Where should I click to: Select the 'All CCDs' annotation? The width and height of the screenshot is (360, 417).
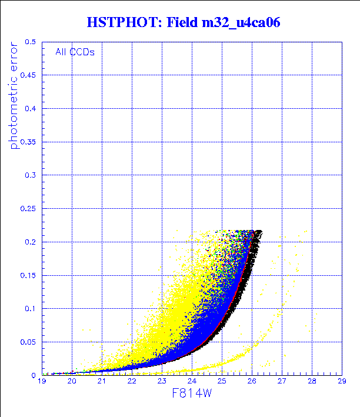coord(75,52)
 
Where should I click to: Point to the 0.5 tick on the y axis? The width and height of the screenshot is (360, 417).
coord(30,42)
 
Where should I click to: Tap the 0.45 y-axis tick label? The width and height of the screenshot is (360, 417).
coord(28,75)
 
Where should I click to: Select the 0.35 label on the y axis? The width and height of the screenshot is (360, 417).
coord(28,142)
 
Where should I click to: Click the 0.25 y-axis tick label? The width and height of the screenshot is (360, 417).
coord(28,208)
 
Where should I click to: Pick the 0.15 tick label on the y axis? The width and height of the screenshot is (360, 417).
coord(28,275)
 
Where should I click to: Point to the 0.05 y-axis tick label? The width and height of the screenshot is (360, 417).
coord(28,342)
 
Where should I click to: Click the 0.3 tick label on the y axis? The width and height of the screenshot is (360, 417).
coord(30,175)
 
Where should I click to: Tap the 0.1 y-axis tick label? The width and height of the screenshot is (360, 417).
coord(30,308)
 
